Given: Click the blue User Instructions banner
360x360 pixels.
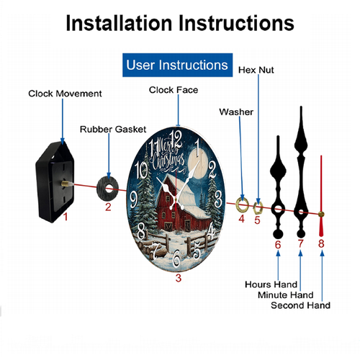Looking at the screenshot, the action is (177, 65).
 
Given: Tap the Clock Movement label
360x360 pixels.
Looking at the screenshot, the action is (65, 94).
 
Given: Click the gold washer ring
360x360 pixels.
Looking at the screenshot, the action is (242, 205).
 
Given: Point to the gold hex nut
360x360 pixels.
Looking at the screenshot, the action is (258, 207).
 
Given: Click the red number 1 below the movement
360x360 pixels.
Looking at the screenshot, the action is (66, 217).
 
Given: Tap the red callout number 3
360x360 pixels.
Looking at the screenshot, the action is (178, 278).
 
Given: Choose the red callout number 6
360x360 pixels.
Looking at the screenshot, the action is (278, 245).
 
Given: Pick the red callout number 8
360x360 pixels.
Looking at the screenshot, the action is (321, 243).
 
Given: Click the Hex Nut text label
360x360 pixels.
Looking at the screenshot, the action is (256, 70).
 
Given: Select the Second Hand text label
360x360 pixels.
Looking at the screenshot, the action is (300, 305).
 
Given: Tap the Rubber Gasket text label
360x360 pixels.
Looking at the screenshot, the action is (113, 130).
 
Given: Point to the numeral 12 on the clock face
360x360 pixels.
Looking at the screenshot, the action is (177, 140).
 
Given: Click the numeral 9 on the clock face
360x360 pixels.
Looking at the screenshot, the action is (134, 200).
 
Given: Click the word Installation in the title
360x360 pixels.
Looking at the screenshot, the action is (120, 23).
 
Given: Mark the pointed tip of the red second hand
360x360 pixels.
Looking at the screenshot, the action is (321, 156).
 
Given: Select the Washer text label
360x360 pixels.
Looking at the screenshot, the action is (236, 112).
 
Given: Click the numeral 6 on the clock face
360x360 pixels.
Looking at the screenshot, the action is (176, 258).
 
